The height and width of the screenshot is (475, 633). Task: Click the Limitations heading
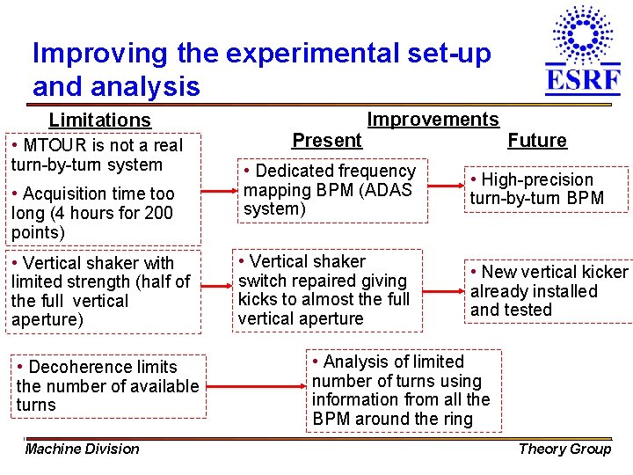pyautogui.click(x=99, y=120)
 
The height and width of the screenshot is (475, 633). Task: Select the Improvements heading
pyautogui.click(x=433, y=120)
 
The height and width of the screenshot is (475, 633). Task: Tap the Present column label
pyautogui.click(x=326, y=141)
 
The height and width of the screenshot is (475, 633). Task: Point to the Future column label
pyautogui.click(x=537, y=141)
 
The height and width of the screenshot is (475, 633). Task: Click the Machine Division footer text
pyautogui.click(x=82, y=449)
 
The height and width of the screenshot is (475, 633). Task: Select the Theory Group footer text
pyautogui.click(x=564, y=449)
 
